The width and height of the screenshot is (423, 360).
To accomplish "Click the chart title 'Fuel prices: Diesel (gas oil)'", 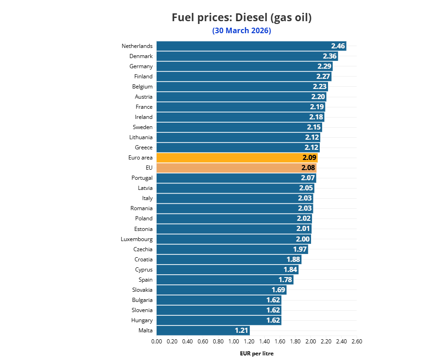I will click(x=241, y=18).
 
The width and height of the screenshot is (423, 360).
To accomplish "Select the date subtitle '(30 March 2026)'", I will click(x=241, y=31).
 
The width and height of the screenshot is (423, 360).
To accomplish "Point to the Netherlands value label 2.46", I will click(x=338, y=46).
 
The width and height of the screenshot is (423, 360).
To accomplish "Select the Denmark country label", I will click(x=141, y=56).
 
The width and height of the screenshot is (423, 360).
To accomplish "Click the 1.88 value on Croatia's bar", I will click(x=293, y=260).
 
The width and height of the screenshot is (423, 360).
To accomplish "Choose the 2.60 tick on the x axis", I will click(x=357, y=342).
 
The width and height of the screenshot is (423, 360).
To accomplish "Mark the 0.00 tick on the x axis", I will click(x=157, y=342).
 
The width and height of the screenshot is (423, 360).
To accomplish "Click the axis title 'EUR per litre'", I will click(x=257, y=354).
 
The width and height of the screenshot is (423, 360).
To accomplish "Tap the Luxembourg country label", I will click(x=137, y=239).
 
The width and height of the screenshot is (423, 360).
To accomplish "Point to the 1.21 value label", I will click(x=241, y=330).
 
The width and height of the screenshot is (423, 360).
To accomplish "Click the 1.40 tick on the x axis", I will click(x=264, y=342).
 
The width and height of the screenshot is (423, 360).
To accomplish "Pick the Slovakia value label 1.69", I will click(x=278, y=290).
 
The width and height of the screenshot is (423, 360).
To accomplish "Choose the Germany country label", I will click(x=141, y=66).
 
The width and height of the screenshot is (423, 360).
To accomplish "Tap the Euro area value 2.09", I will click(x=309, y=158).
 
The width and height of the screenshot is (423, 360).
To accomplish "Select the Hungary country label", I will click(x=141, y=320).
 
